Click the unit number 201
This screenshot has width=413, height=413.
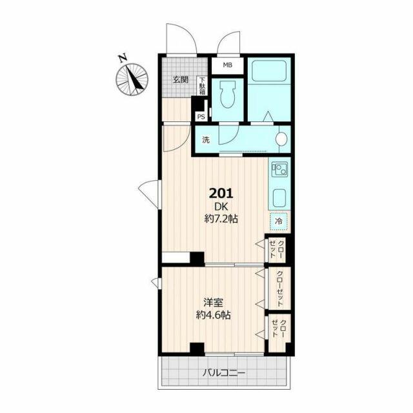[221, 194]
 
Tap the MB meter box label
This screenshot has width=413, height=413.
[228, 65]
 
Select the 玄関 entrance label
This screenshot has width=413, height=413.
[181, 79]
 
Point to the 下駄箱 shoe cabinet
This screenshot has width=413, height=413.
[203, 86]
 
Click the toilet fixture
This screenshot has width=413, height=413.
[228, 94]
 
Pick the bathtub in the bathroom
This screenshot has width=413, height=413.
[269, 71]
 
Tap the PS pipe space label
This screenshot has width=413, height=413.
[201, 117]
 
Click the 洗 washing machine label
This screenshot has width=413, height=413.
[206, 140]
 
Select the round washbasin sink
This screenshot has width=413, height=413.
[281, 139]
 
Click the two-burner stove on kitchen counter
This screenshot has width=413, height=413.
[279, 170]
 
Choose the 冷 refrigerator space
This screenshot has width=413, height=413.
[278, 221]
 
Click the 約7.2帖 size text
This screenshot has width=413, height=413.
[221, 219]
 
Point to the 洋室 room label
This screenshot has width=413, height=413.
[213, 303]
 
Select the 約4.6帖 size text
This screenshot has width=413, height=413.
[214, 315]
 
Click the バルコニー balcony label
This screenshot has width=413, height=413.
[224, 373]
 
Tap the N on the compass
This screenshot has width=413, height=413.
[123, 58]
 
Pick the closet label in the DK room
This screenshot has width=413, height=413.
[277, 249]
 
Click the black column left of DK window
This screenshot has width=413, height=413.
[197, 259]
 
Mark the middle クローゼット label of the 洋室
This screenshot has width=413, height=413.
[279, 288]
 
